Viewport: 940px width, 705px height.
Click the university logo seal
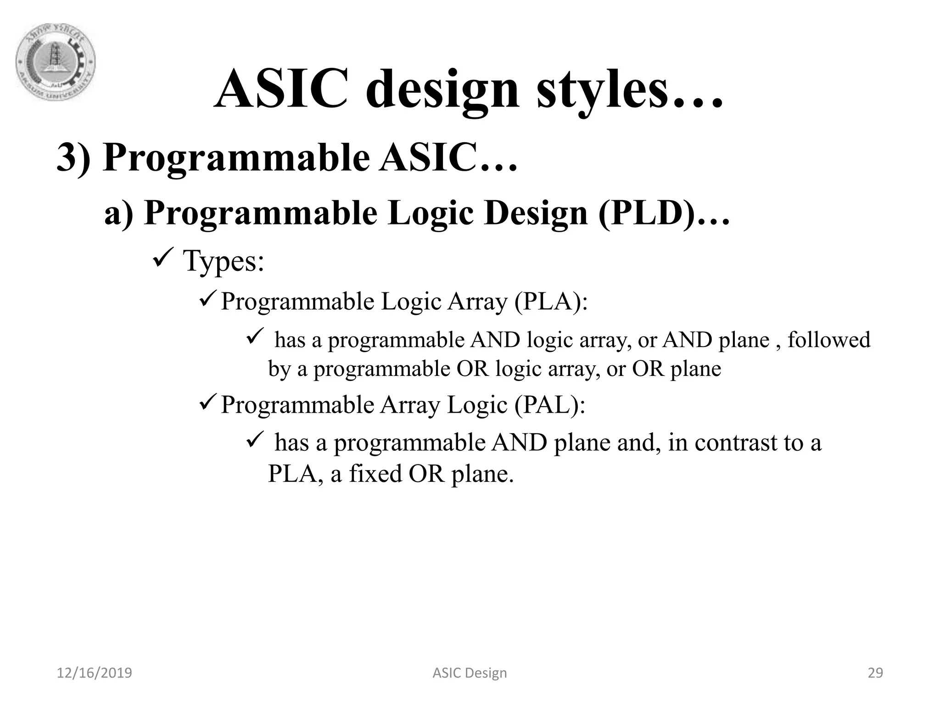point(56,62)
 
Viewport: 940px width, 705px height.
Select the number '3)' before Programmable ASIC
point(73,157)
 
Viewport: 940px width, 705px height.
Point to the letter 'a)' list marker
point(119,213)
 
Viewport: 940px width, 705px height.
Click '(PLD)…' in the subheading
point(663,213)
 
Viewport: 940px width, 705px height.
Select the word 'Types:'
point(224,261)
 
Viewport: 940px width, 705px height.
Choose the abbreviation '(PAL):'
point(549,405)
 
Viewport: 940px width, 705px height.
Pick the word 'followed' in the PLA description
point(828,340)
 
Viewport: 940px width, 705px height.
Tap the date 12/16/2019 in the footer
point(94,673)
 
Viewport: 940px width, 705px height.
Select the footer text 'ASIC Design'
point(470,673)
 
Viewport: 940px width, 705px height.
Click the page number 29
point(875,673)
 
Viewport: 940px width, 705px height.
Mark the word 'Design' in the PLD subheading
point(536,213)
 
